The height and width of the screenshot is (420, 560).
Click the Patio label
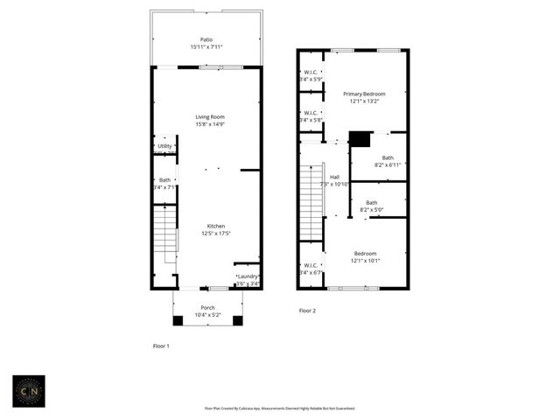click(206, 39)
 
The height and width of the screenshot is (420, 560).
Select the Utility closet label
click(164, 146)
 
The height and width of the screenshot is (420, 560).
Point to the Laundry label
click(248, 276)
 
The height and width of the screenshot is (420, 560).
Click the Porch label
click(207, 307)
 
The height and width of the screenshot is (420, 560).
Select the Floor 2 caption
click(307, 311)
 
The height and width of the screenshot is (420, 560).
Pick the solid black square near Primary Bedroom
click(360, 139)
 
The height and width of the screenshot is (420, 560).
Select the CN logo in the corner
click(30, 390)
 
